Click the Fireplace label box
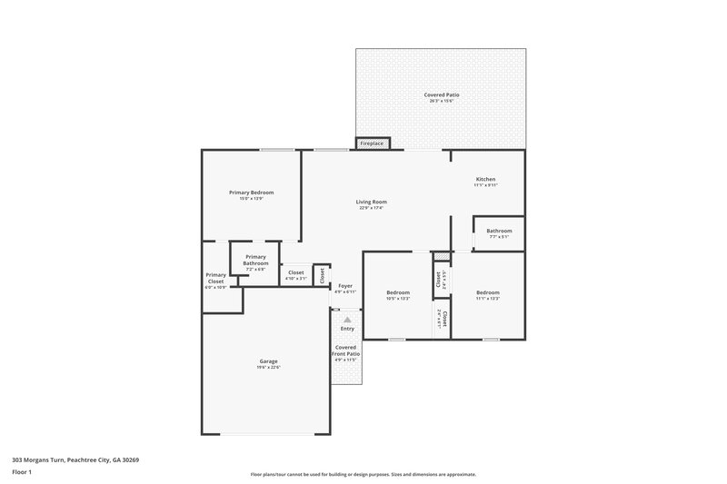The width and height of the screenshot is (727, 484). point(372,143)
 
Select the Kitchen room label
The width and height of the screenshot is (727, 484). point(485,180)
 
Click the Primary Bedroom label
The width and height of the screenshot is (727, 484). point(251,193)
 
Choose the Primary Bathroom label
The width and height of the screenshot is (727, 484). point(255,260)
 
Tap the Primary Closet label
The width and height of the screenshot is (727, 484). point(215,279)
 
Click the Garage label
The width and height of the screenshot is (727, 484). point(268,361)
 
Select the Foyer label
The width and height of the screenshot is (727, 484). point(345,286)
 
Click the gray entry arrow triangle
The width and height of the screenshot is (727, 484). point(346,320)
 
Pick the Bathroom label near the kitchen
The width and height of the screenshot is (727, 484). point(499,231)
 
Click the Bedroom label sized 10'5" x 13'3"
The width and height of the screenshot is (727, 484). point(398,292)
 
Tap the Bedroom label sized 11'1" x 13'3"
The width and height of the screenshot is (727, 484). point(488,292)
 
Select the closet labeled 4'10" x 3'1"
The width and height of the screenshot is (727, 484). point(296,277)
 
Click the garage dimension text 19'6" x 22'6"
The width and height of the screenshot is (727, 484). point(268,368)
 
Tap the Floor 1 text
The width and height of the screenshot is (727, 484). point(22,473)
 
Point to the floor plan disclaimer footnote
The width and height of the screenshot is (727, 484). point(363,474)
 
